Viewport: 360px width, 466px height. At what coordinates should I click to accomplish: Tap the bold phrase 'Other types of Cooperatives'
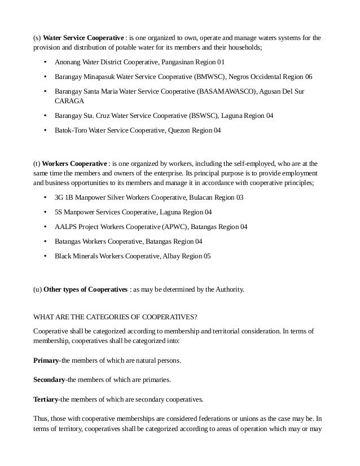pos(86,289)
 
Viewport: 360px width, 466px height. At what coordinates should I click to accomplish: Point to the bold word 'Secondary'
pos(50,380)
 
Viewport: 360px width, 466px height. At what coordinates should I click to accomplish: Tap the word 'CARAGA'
pos(69,101)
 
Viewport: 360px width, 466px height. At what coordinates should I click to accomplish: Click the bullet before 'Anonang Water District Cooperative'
pos(45,62)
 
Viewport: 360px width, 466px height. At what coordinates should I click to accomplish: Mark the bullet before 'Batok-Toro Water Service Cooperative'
pos(45,130)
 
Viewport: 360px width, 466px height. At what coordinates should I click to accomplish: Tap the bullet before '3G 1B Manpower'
pos(45,198)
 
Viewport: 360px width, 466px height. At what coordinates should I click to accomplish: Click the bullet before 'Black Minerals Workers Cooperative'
pos(45,256)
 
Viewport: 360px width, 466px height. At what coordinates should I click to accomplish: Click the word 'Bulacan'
pos(204,198)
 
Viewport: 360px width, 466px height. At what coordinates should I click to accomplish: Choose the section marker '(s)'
pos(37,38)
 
